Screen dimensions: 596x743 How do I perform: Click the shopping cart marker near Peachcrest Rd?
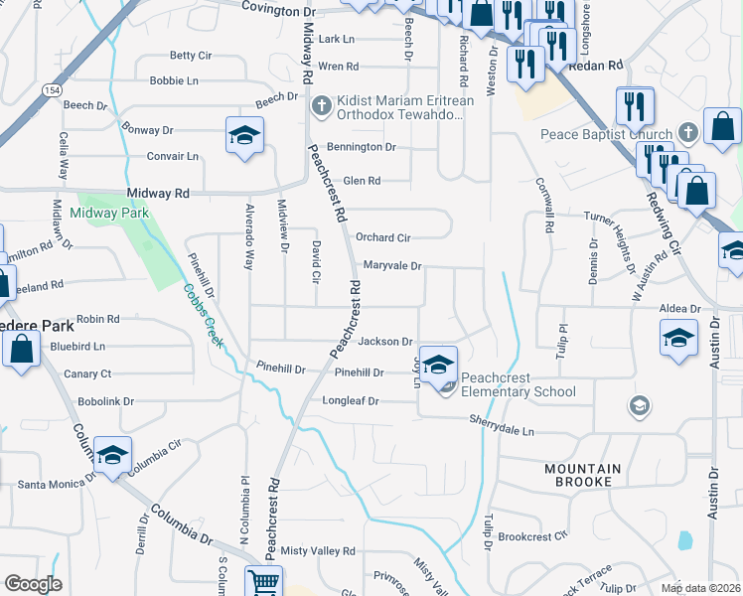pyautogui.click(x=262, y=582)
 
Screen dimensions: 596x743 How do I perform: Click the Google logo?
pyautogui.click(x=33, y=584)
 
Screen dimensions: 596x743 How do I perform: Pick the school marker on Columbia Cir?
pyautogui.click(x=112, y=455)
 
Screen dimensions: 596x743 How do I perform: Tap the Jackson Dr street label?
pyautogui.click(x=384, y=342)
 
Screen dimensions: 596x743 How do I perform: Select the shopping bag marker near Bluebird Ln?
pyautogui.click(x=21, y=349)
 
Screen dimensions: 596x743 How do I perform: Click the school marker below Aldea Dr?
pyautogui.click(x=677, y=338)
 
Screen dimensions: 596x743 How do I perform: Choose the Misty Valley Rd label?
pyautogui.click(x=318, y=550)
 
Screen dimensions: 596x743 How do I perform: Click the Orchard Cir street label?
pyautogui.click(x=382, y=238)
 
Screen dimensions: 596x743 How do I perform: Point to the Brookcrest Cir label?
pyautogui.click(x=532, y=535)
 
